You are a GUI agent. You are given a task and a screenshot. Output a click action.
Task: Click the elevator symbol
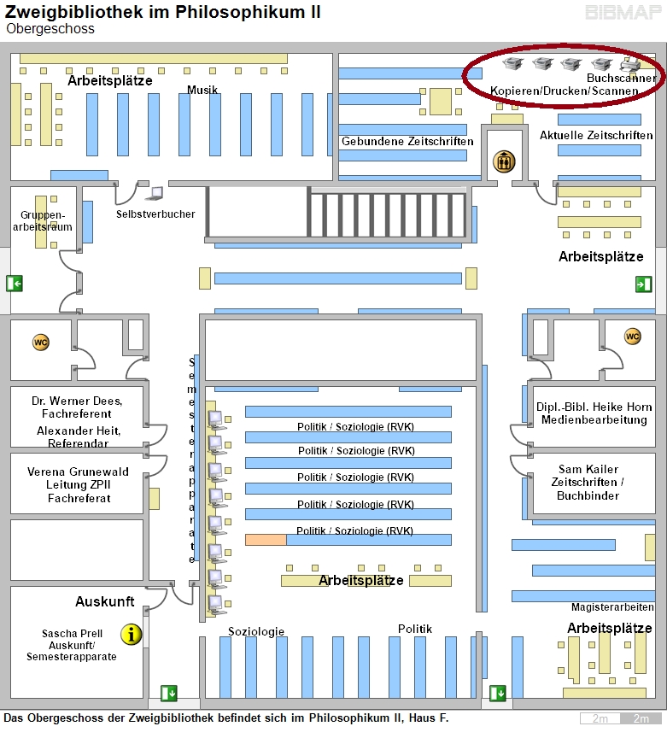point(504,161)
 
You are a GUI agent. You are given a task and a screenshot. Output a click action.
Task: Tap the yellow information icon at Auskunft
point(132,635)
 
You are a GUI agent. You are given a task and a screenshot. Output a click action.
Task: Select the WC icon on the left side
point(41,343)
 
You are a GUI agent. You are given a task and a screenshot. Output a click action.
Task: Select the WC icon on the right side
point(632,337)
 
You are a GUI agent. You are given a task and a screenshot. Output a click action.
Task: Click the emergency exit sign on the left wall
point(15,284)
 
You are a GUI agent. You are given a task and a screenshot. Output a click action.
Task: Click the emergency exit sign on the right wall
point(644,284)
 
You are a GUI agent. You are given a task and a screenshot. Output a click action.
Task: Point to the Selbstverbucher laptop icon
point(155,194)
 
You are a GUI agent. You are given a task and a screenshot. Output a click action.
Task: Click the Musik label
point(202,90)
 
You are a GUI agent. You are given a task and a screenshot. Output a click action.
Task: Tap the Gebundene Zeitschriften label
point(407,142)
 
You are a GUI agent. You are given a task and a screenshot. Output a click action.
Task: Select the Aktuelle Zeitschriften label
point(596,135)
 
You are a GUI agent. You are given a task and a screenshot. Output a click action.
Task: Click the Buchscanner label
point(622,78)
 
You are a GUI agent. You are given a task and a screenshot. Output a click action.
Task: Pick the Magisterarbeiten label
point(612,606)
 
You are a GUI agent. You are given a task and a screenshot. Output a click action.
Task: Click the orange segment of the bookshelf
point(266,540)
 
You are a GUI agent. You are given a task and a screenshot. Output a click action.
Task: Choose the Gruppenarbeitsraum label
point(43,221)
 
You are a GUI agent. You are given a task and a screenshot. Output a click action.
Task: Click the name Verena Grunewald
point(78,472)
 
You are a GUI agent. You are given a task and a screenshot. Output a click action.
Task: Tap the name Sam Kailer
point(588,469)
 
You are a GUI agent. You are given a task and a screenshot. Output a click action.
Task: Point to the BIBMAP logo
point(623,12)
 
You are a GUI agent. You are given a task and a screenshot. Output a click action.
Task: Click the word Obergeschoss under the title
point(50,29)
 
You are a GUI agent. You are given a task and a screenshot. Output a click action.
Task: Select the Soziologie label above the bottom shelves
point(256,631)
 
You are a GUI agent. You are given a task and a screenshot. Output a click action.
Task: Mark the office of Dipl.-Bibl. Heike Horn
point(594,416)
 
